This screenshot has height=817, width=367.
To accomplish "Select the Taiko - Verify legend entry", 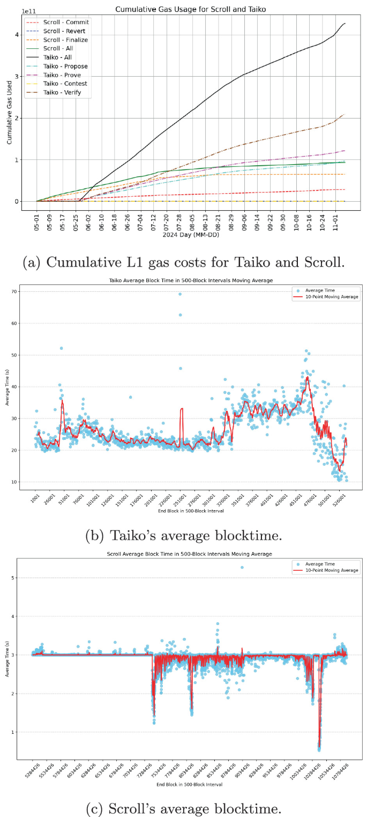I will pyautogui.click(x=65, y=93).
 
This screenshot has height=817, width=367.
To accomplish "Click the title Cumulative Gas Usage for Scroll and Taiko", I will pyautogui.click(x=190, y=9).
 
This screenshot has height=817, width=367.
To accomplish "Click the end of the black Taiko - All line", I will pyautogui.click(x=345, y=23).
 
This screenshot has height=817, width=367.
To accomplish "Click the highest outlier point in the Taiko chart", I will pyautogui.click(x=180, y=294).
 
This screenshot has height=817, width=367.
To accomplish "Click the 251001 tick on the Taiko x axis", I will pyautogui.click(x=181, y=499).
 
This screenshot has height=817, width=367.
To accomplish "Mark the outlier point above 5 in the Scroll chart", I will pyautogui.click(x=242, y=567).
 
